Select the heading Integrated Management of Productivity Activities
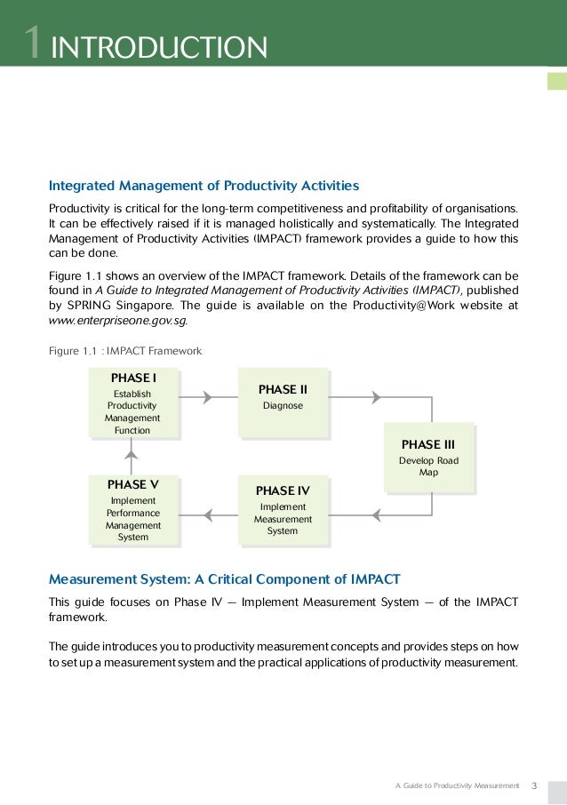tap(204, 186)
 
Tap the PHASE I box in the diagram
tap(132, 403)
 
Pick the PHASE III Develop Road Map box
tap(428, 458)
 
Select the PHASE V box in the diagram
tap(132, 510)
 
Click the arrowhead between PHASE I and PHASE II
tap(208, 397)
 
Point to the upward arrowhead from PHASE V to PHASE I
tap(132, 454)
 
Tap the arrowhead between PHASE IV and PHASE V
tap(208, 514)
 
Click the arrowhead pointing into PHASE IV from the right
tap(376, 514)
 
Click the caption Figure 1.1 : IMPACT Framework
tap(125, 351)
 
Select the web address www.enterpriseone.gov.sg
tap(117, 320)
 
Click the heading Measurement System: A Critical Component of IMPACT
tap(225, 579)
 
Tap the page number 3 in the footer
tap(534, 785)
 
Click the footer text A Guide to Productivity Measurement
tap(456, 785)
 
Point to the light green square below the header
tap(557, 82)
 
